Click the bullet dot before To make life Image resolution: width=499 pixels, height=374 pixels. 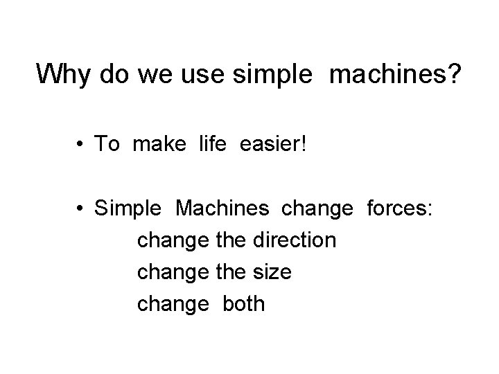coord(82,144)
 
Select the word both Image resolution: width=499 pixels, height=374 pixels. coord(243,304)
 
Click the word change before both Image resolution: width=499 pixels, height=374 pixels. coord(172,304)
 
